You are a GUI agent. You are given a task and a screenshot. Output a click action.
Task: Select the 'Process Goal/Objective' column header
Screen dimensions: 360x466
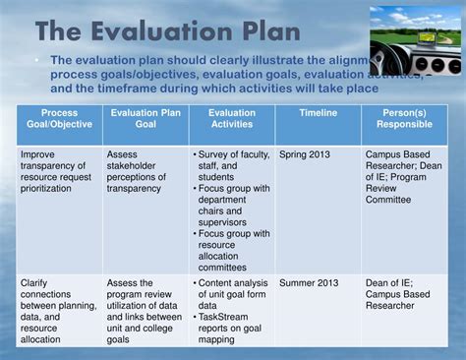coord(60,120)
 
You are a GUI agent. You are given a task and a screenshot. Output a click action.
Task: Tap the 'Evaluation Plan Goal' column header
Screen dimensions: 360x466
coord(145,120)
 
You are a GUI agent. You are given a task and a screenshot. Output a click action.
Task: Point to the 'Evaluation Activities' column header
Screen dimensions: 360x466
coord(230,120)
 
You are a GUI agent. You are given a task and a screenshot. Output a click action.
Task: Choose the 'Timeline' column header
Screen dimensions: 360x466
coord(317,113)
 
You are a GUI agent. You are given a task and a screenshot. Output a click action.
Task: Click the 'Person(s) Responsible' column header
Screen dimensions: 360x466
coord(403,120)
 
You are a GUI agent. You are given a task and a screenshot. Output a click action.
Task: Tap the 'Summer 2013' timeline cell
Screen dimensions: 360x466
coord(310,283)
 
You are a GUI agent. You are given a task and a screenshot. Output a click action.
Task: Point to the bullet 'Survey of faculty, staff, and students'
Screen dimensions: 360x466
coord(230,167)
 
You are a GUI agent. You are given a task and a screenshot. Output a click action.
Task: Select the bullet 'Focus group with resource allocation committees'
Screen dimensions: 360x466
coord(230,252)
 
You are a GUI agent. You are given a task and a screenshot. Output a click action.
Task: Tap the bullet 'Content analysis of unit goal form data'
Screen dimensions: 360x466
coord(230,295)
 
